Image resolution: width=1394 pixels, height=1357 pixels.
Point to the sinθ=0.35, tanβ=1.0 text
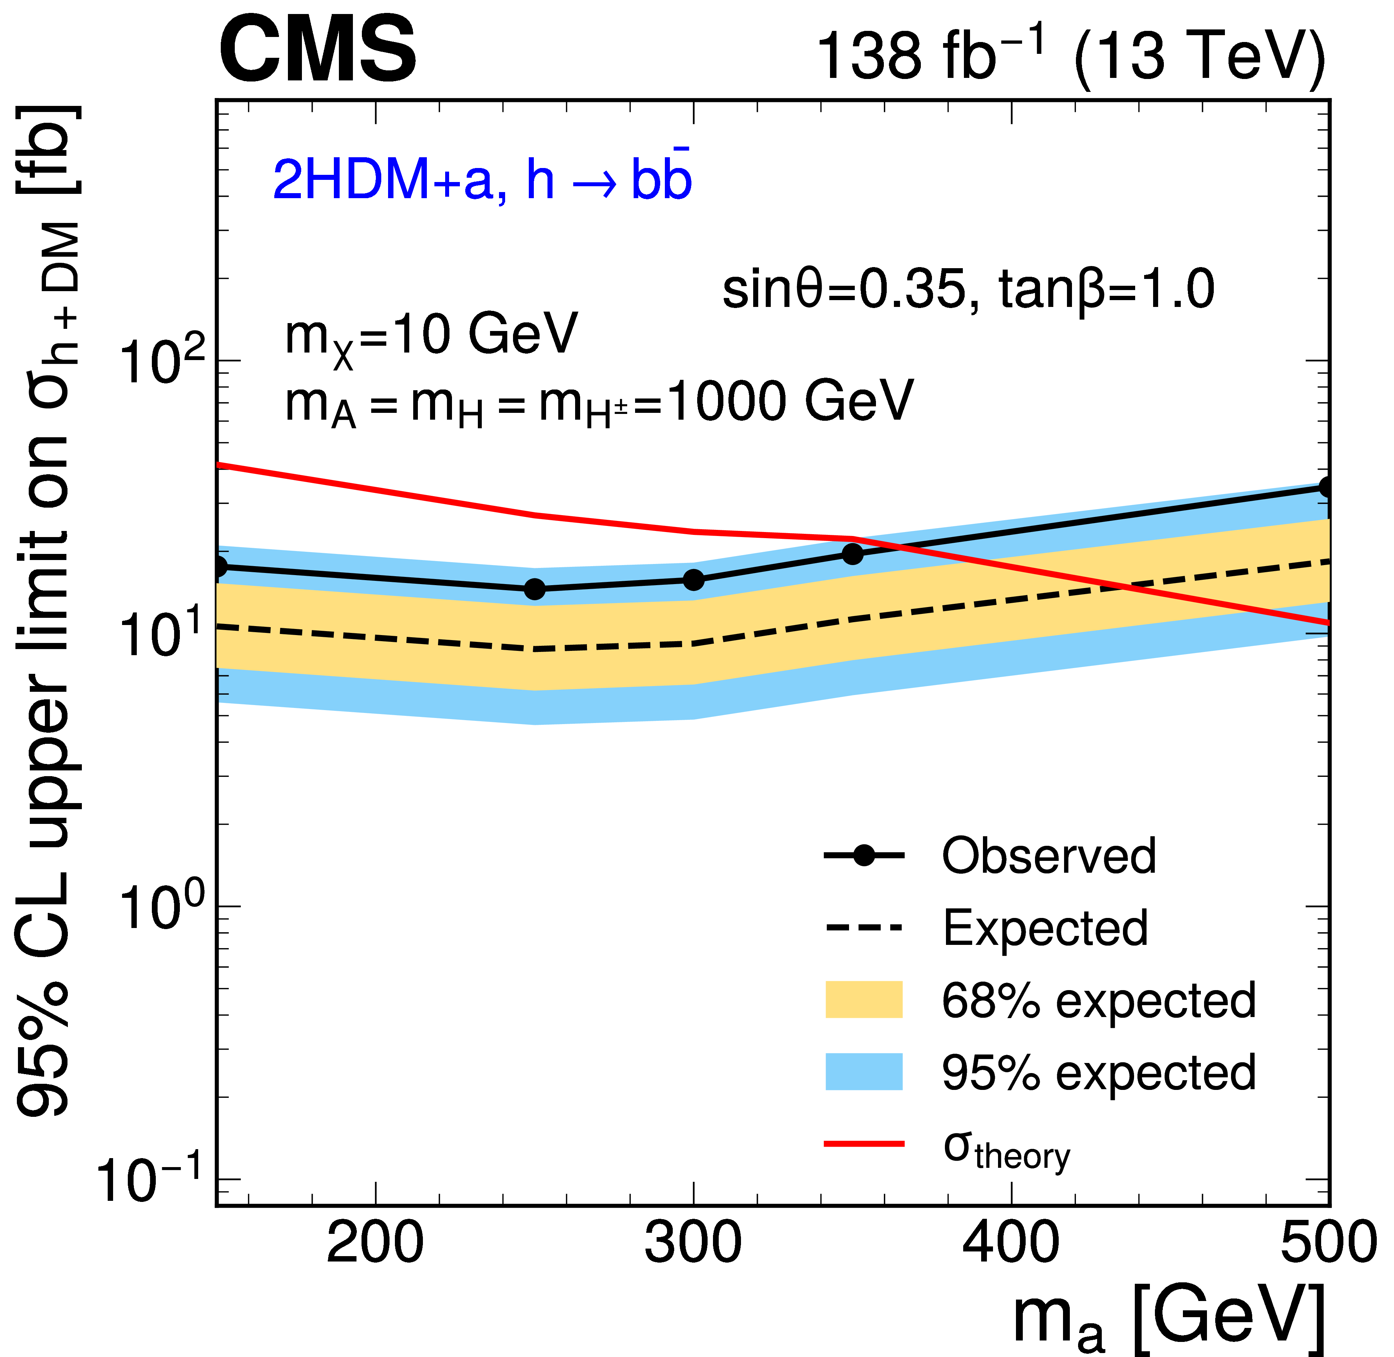coord(968,290)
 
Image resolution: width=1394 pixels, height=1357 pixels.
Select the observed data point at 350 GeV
coord(852,554)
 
